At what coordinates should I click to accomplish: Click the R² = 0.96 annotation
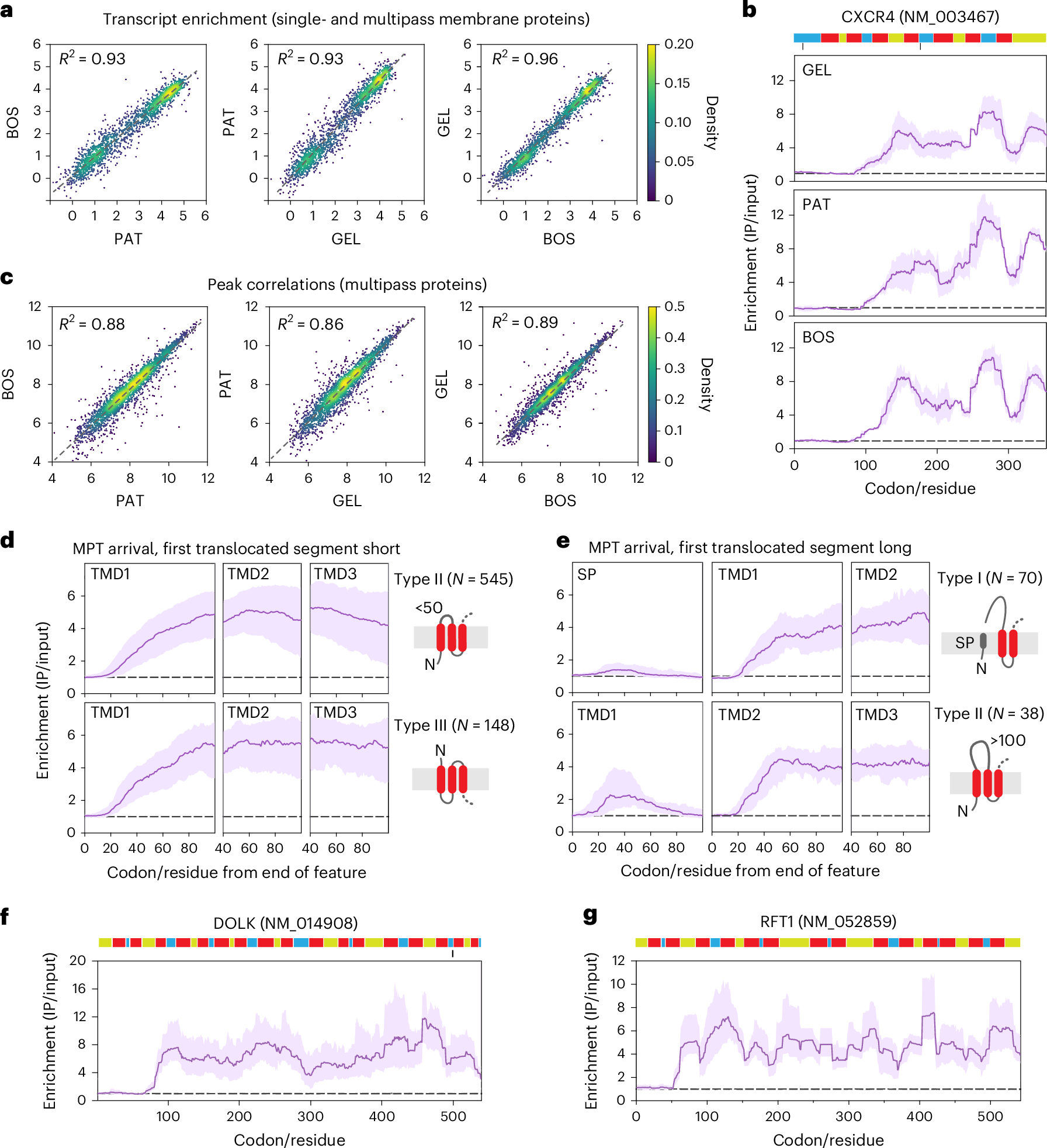click(x=525, y=58)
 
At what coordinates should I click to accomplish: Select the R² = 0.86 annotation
click(x=310, y=324)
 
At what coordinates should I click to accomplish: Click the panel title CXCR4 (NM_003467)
click(x=920, y=16)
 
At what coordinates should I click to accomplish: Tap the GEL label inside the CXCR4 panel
click(x=816, y=70)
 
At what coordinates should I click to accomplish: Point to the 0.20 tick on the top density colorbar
click(x=679, y=44)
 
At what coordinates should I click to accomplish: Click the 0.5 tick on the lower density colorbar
click(x=675, y=307)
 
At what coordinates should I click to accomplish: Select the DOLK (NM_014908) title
click(x=285, y=923)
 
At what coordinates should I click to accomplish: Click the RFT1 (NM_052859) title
click(x=828, y=922)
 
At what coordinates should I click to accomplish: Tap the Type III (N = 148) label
click(x=454, y=725)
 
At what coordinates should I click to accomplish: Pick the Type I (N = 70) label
click(x=990, y=578)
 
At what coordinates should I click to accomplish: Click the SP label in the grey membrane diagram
click(x=965, y=643)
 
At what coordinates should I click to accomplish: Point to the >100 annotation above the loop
click(x=1008, y=741)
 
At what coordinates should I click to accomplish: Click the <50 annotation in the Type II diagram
click(x=429, y=608)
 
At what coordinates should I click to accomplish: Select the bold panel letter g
click(x=590, y=914)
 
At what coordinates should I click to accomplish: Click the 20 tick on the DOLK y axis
click(x=78, y=960)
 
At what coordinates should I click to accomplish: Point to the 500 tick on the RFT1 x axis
click(x=990, y=1116)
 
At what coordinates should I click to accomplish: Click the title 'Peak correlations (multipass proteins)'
click(x=347, y=285)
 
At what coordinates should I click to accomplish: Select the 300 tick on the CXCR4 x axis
click(x=1008, y=465)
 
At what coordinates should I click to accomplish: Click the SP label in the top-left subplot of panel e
click(x=587, y=575)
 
